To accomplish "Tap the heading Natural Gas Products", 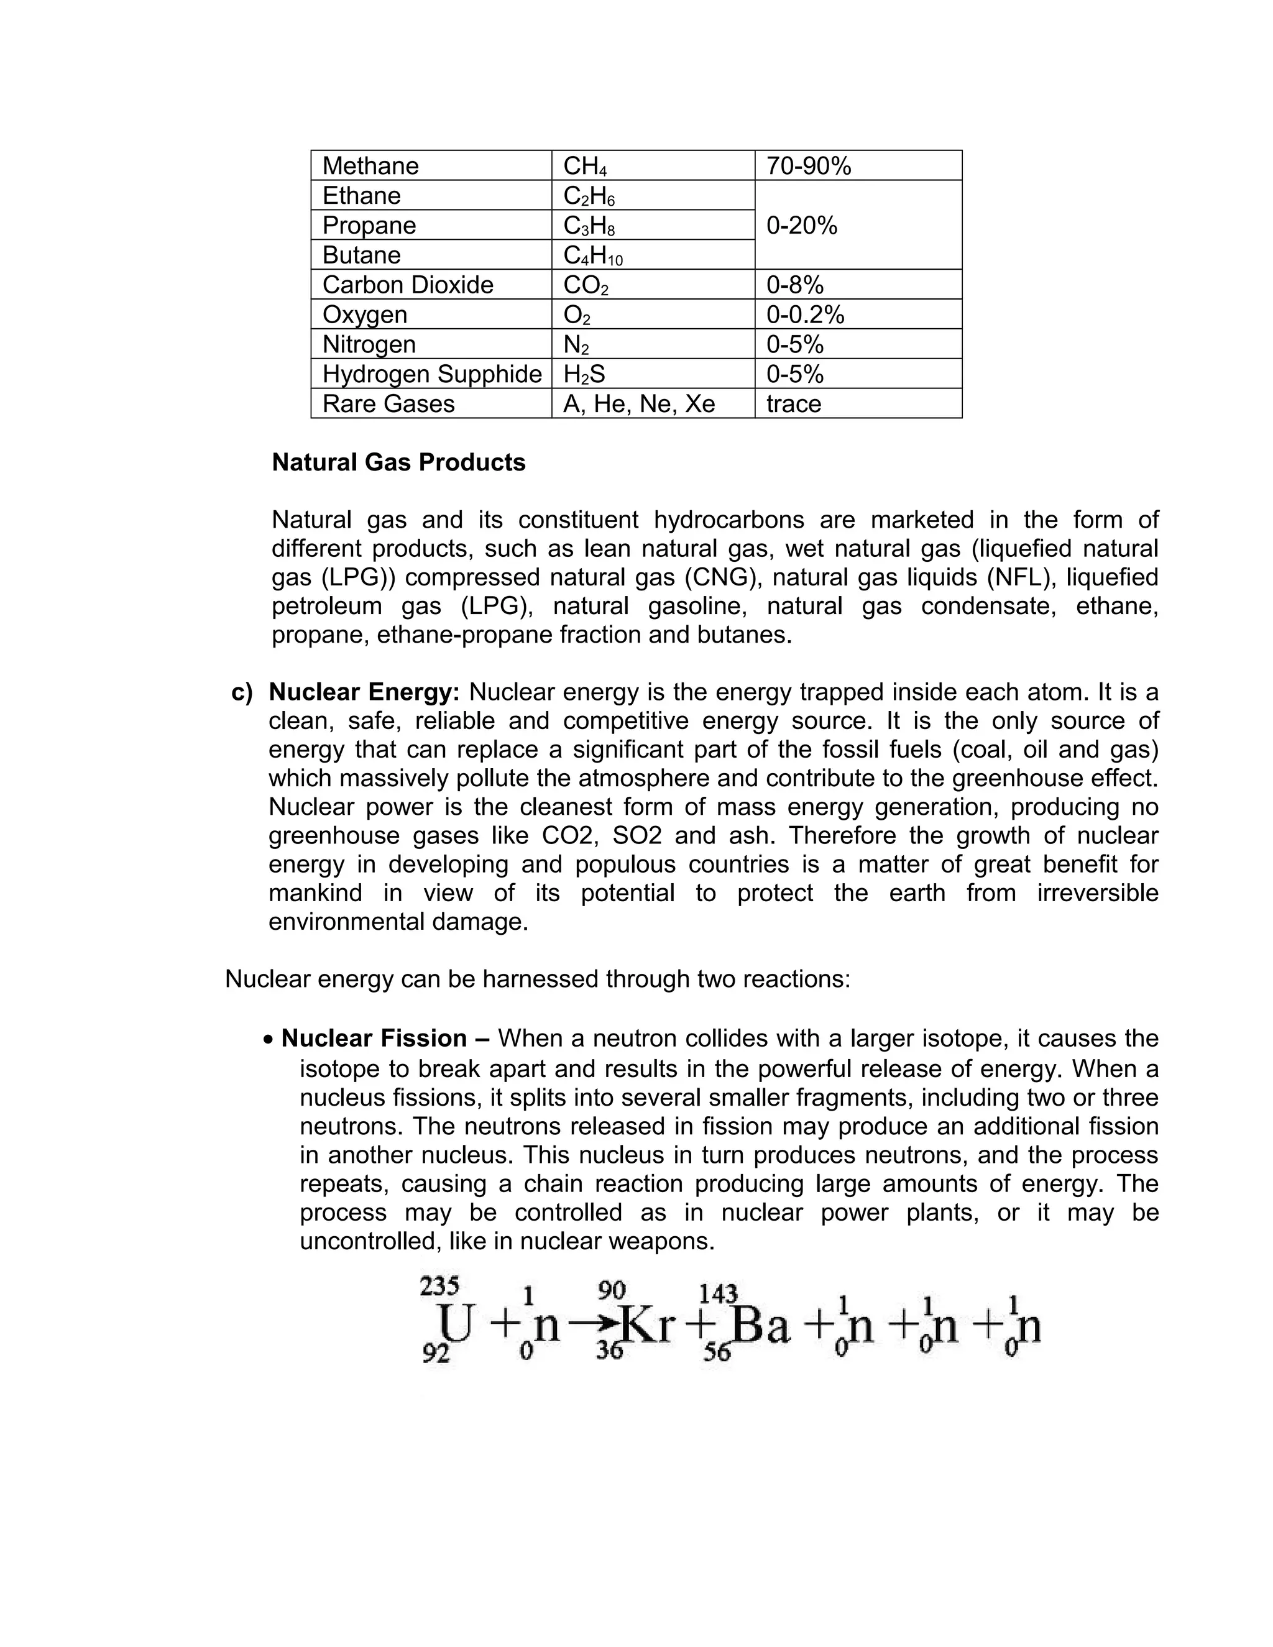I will click(x=398, y=462).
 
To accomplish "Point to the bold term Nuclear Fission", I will click(x=374, y=1039).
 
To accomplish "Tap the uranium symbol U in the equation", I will click(x=455, y=1323).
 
